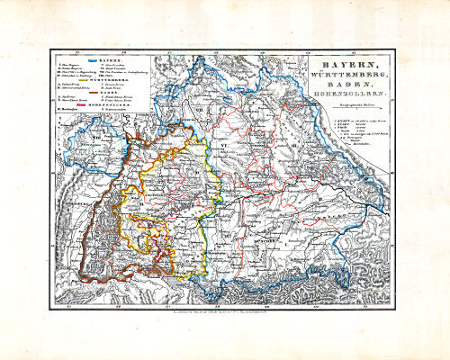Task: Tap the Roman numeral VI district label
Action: click(x=222, y=144)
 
